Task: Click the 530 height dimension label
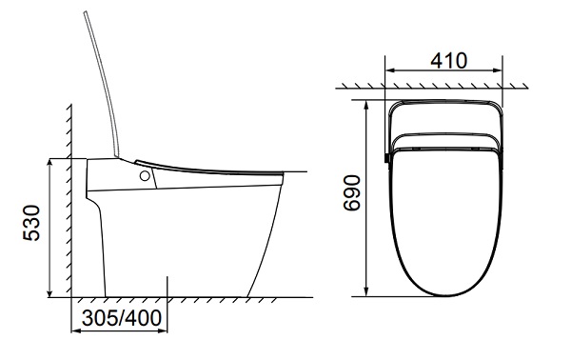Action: pos(31,223)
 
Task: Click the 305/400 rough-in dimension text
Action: pos(122,318)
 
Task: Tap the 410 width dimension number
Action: pos(448,61)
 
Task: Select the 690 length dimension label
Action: pos(352,192)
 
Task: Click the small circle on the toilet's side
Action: pos(145,176)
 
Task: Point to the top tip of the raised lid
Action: pos(86,12)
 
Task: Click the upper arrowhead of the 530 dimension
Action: pos(49,163)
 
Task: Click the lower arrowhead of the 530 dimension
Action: pos(49,293)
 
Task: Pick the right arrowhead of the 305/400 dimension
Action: pos(163,330)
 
